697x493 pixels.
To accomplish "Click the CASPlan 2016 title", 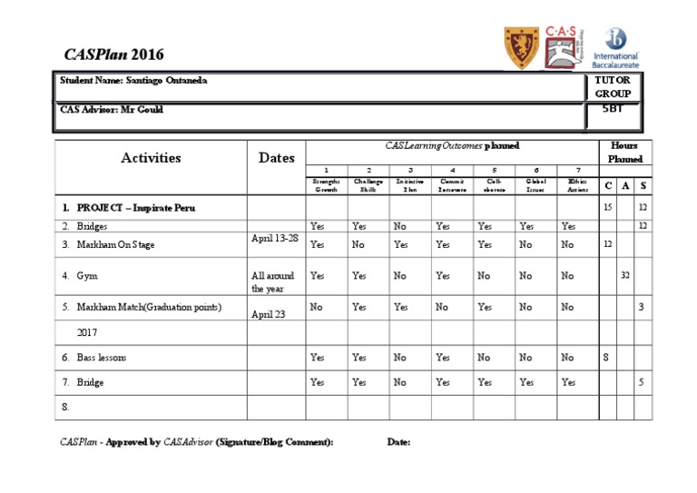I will pos(116,54).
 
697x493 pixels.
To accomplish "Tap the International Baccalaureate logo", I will pos(616,48).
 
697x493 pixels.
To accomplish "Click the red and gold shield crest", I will pos(520,47).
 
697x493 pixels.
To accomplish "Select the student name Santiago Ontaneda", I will pos(133,80).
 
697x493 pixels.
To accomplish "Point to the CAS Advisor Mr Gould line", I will pos(112,109).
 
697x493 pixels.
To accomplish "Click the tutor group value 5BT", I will pos(613,108).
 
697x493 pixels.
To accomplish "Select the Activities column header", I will pos(151,157).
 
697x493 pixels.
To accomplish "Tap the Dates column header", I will pos(276,157).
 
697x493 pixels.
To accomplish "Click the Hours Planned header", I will pos(624,152).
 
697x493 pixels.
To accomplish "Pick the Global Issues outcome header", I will pos(536,186).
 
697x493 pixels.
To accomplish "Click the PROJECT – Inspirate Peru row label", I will pos(135,208).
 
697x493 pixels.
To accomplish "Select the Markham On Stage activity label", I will pos(112,244).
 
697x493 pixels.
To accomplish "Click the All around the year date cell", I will pos(272,281).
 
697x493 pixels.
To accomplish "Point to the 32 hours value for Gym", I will pos(625,274).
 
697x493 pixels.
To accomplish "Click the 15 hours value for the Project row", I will pos(607,208).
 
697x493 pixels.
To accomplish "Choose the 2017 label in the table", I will pos(87,333).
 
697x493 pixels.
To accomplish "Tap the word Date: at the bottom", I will pos(398,442).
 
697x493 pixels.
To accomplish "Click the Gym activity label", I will pos(87,275).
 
